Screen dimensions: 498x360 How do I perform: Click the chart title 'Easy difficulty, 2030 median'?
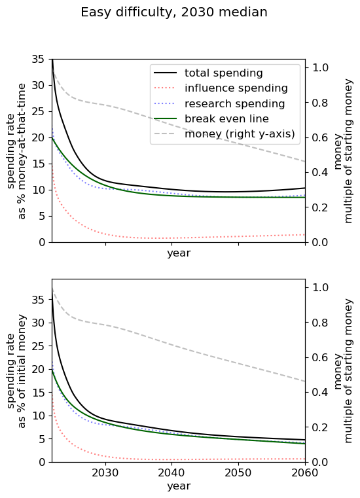point(173,12)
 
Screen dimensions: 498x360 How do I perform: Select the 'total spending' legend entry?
point(224,73)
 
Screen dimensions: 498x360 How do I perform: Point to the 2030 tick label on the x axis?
point(105,472)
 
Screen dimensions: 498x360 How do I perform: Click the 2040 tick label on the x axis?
point(171,472)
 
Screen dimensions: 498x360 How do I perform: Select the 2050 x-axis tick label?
point(238,472)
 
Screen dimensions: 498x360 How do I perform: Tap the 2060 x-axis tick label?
point(304,472)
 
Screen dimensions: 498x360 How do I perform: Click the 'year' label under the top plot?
point(179,253)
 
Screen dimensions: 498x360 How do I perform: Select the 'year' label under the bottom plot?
point(179,486)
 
